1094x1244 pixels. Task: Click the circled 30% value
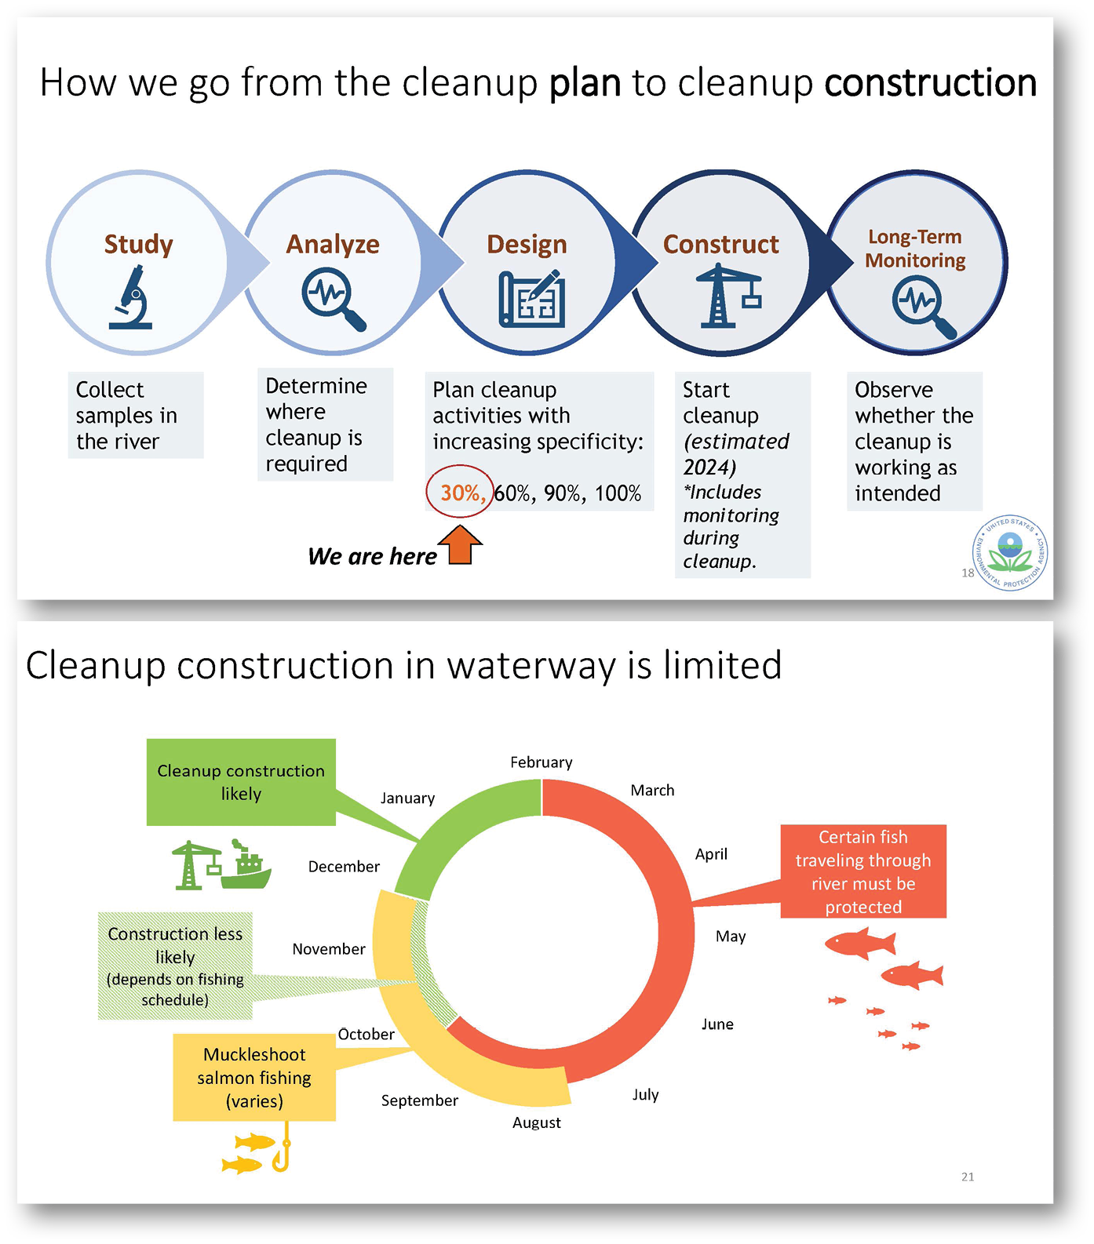[x=461, y=493]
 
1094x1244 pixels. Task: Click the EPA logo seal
[x=1011, y=553]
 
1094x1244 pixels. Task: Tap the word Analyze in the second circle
[x=333, y=244]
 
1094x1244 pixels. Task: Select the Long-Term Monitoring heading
[x=915, y=248]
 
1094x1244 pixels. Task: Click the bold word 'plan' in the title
[x=585, y=82]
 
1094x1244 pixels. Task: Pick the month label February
[x=541, y=762]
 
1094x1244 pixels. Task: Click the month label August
[x=537, y=1122]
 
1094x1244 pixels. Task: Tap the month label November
[x=329, y=949]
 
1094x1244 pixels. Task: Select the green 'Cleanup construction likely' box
[x=241, y=782]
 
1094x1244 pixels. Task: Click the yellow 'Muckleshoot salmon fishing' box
[x=254, y=1078]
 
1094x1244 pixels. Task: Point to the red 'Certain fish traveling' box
[x=863, y=871]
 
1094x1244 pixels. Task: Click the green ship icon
[x=246, y=865]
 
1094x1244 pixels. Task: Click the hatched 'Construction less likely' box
[x=175, y=966]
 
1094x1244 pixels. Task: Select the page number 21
[x=968, y=1177]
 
